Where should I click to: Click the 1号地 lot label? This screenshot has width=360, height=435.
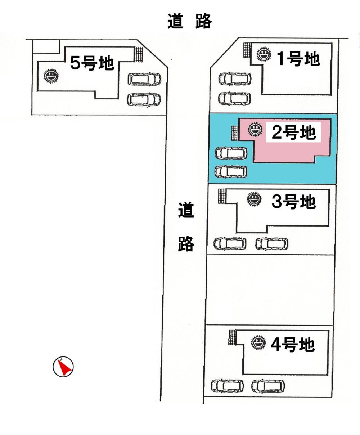coord(298,58)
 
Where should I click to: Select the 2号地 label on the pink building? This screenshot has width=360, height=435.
coord(293,133)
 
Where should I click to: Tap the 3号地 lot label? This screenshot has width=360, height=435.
coord(293,202)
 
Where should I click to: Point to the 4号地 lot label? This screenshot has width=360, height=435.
coord(292,345)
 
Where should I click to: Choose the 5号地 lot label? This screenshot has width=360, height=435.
coord(92,63)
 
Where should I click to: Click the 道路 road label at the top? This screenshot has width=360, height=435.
coord(189,21)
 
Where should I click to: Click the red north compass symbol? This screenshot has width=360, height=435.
coord(63,367)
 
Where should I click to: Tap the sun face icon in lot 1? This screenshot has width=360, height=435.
coord(264,55)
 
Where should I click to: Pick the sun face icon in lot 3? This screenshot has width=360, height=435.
coord(254,199)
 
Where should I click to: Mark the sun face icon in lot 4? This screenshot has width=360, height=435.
coord(258,342)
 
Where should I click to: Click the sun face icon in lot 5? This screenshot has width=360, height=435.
coord(51,76)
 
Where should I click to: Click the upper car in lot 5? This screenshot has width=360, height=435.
coord(145,79)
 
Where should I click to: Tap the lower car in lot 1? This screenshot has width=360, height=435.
coord(235,98)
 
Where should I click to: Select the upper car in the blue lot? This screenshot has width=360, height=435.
coord(231,153)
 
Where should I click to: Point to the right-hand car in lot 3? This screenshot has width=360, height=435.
coord(272,244)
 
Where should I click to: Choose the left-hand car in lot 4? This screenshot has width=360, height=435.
coord(228,386)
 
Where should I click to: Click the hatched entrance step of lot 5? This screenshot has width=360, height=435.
coord(139,54)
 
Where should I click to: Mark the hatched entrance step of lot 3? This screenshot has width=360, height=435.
coord(222,196)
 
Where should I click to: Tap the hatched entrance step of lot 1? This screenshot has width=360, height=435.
coord(247,49)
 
